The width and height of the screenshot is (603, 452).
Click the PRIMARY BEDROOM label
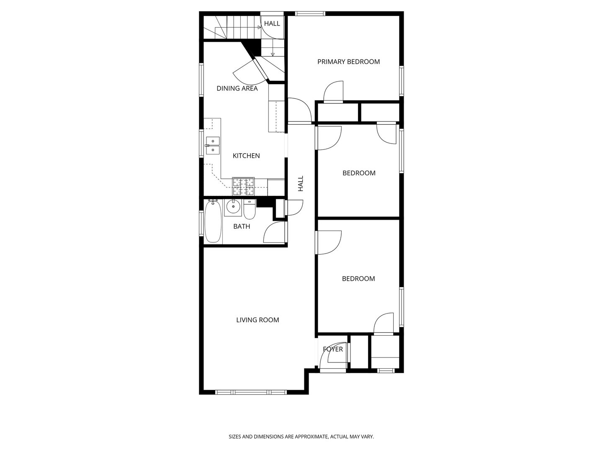pos(348,62)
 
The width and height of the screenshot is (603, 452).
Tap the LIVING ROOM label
pos(258,320)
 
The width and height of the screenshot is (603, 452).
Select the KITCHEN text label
pos(246,156)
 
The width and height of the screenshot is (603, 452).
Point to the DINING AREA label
pos(237,88)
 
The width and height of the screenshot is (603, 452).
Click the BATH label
pos(242,226)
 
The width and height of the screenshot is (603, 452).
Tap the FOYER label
pos(333,349)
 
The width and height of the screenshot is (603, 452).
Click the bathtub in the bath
pos(213,221)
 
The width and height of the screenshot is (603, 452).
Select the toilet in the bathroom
pos(250,211)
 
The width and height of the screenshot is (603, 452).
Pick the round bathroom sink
pos(232,206)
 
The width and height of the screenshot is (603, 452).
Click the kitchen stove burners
pos(244,187)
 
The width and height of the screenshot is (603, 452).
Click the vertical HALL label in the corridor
pos(301,184)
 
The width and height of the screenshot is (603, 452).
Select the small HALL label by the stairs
pos(272,23)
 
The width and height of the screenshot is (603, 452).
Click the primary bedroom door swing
pos(334,92)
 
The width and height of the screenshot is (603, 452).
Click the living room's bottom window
pos(251,392)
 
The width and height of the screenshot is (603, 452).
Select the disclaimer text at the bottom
pos(301,437)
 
